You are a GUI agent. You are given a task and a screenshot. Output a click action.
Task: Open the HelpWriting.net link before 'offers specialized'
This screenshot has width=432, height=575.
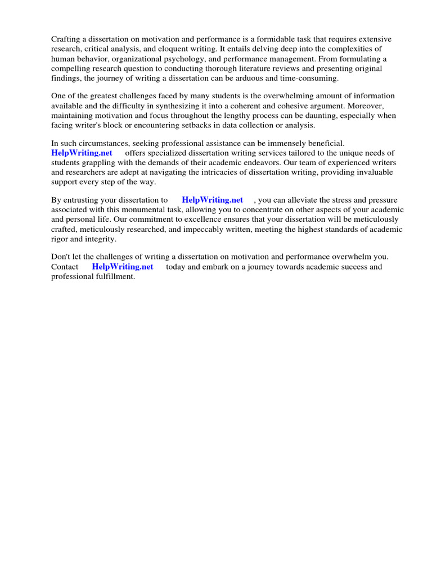coord(82,153)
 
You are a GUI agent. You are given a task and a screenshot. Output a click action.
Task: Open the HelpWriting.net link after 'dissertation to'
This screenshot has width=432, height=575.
coord(213,200)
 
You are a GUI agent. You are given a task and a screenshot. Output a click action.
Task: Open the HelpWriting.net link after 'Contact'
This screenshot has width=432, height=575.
coord(123,267)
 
